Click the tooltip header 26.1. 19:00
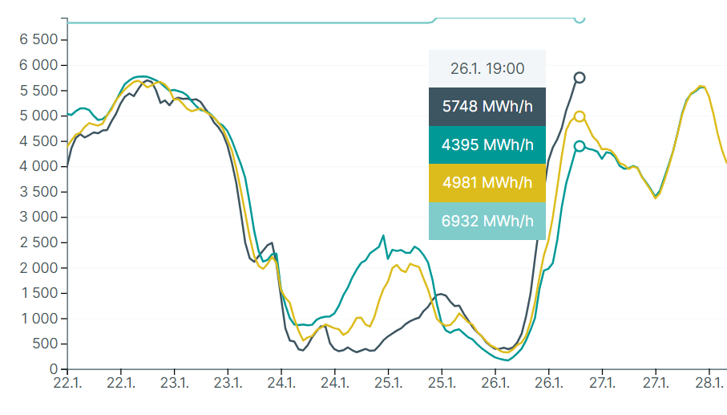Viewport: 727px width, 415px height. tap(487, 69)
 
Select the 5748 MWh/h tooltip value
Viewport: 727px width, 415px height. tap(487, 107)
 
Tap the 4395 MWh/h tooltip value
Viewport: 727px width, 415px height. tap(487, 145)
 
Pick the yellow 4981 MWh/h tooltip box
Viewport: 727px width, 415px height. tap(487, 183)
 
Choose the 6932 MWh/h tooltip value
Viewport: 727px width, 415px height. tap(487, 221)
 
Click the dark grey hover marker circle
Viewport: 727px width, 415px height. tap(580, 78)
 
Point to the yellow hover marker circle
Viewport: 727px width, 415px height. tap(580, 116)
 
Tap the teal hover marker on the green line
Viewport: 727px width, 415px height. tap(580, 146)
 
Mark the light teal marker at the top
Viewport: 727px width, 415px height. tap(580, 18)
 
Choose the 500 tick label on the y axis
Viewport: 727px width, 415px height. tap(45, 344)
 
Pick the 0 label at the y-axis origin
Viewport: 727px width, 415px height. tap(54, 369)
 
